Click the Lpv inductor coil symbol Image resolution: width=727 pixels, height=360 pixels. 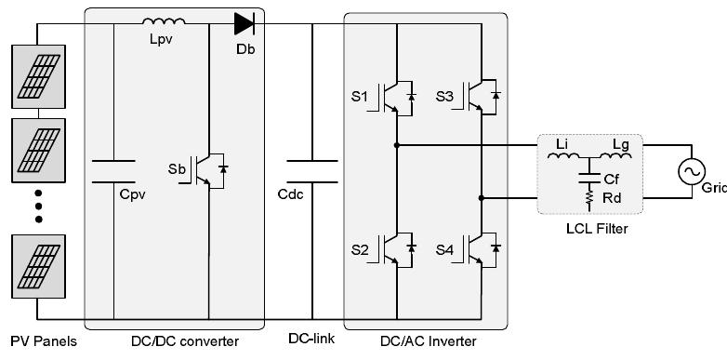(165, 20)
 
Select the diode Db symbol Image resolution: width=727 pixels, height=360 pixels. (245, 21)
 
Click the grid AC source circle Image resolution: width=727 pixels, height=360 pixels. (691, 171)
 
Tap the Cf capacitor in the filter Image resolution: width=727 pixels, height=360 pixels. (588, 176)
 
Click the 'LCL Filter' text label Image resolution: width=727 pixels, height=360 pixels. (588, 229)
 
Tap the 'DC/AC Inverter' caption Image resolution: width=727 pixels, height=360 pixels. (427, 341)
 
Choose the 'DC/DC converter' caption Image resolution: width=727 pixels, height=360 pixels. (184, 341)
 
